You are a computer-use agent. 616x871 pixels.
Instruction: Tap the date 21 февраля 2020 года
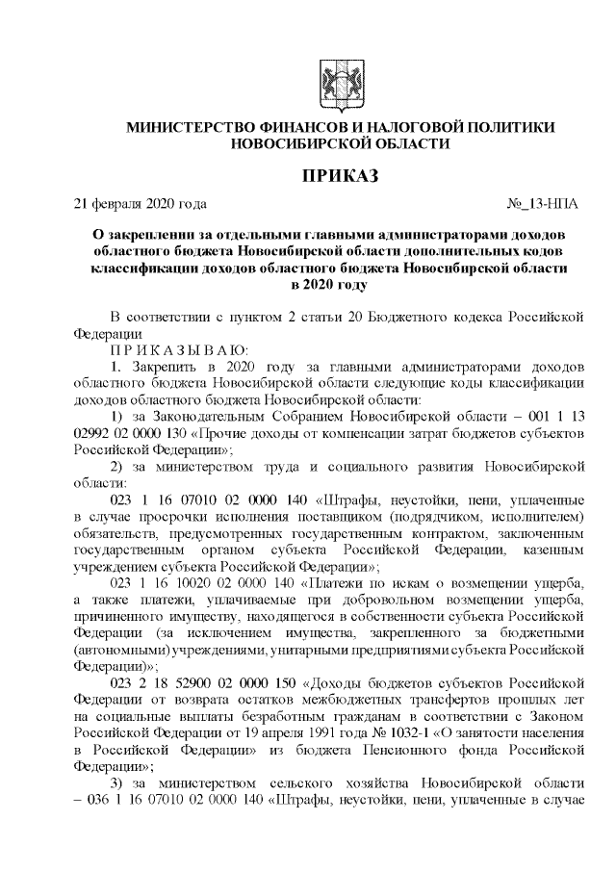141,204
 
